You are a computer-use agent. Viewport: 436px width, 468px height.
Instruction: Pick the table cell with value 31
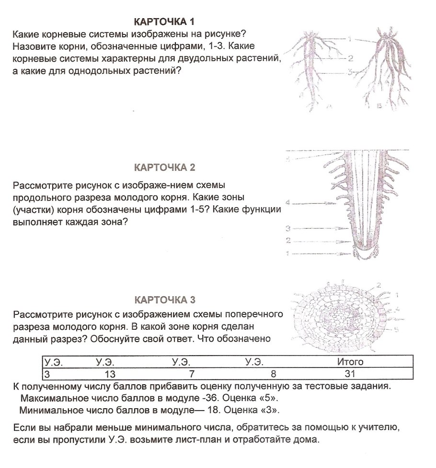tap(350, 373)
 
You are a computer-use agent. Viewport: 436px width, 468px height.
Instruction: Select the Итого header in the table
tap(350, 362)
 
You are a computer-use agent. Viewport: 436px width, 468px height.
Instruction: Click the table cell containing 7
tap(191, 373)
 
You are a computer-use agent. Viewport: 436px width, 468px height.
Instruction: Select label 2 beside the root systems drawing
tap(351, 58)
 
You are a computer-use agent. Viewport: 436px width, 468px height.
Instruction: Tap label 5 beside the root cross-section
tap(397, 330)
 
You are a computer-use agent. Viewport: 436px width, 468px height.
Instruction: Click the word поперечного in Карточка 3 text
tap(248, 314)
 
